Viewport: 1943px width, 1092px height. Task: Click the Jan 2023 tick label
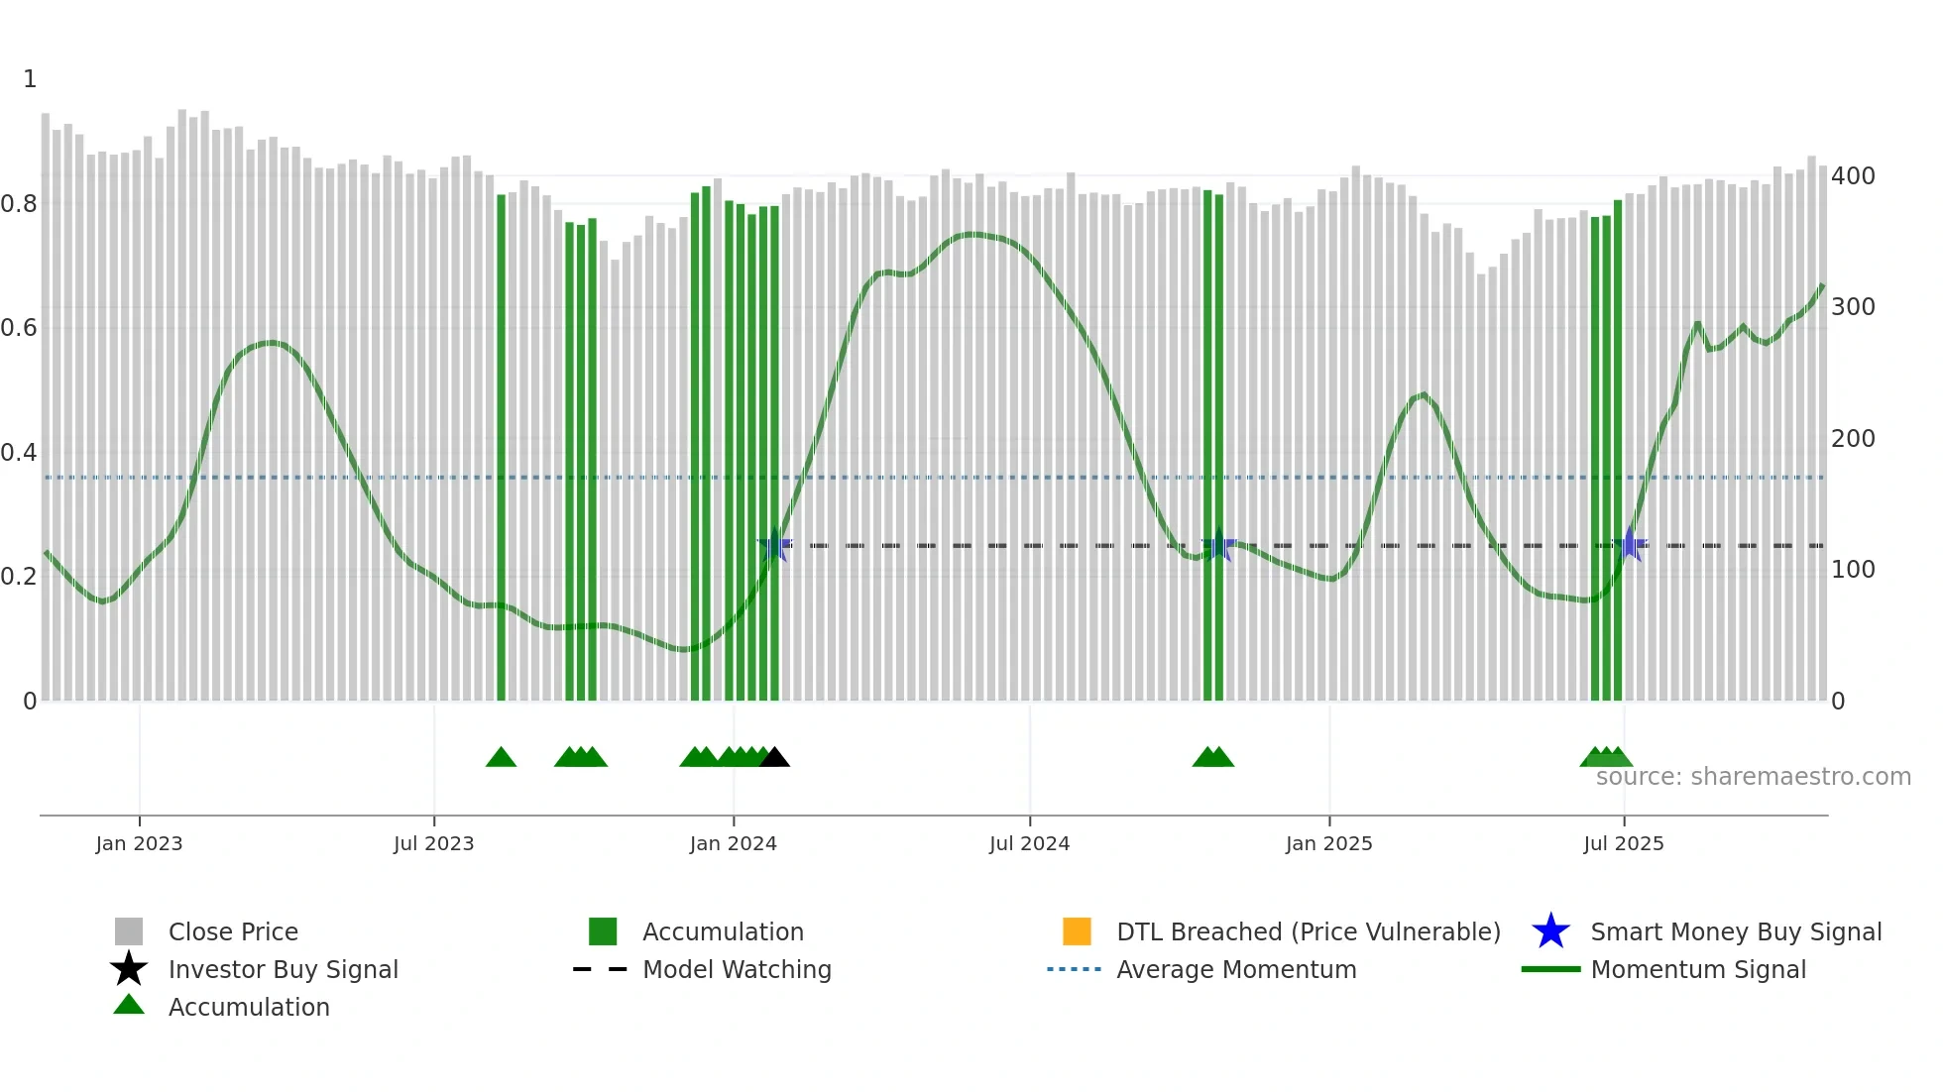[139, 843]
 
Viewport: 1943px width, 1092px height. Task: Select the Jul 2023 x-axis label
[433, 843]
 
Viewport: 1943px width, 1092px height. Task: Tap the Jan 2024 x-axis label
[733, 843]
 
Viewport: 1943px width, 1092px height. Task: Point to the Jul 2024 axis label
[1029, 843]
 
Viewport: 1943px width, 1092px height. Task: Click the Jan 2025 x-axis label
[1328, 843]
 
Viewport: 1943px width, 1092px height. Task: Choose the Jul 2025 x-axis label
[1623, 843]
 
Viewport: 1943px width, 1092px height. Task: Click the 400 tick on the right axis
[1853, 176]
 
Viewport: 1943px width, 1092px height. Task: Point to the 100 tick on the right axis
[1853, 570]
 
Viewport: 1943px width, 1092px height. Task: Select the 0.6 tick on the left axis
[19, 328]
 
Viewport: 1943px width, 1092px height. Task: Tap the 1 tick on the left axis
[30, 79]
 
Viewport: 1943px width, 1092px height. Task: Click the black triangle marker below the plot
[774, 758]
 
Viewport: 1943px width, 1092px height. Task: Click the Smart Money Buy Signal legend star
[1550, 931]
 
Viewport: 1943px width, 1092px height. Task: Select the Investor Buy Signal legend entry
[283, 969]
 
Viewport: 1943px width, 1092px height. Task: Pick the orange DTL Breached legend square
[1077, 931]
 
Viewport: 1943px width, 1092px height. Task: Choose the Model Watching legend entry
[736, 969]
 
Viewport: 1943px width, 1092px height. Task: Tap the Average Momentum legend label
[1236, 969]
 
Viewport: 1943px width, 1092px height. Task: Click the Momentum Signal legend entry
[1697, 969]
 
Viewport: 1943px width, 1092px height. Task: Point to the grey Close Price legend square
[129, 931]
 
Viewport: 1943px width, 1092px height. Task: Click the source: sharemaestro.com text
[1753, 777]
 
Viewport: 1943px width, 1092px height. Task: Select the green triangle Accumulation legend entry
[248, 1007]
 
